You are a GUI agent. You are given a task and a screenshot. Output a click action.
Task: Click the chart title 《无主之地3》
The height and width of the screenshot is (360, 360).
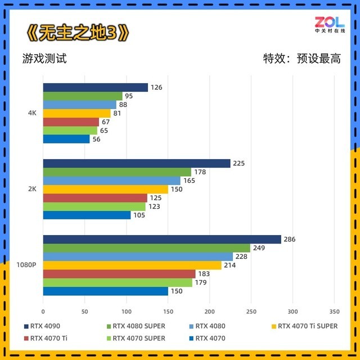click(x=77, y=33)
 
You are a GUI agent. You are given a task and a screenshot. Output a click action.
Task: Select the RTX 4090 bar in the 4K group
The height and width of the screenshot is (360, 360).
click(x=95, y=87)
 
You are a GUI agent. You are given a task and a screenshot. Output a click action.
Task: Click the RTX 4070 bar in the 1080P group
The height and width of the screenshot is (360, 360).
click(x=105, y=291)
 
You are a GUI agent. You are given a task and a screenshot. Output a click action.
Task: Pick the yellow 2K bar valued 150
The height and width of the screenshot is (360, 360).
click(x=105, y=190)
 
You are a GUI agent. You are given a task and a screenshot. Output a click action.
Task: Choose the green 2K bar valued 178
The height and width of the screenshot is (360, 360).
click(x=117, y=172)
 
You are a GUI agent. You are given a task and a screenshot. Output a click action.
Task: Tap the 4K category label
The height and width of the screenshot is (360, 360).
click(x=32, y=113)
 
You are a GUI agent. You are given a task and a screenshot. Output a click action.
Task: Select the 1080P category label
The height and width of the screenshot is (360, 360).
click(x=27, y=265)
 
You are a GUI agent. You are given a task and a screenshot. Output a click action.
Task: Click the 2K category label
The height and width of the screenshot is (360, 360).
click(x=32, y=189)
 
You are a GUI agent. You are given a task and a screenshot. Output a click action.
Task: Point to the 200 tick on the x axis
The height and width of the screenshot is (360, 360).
click(x=209, y=311)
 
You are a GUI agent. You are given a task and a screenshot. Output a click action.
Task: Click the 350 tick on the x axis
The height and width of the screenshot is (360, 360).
click(x=334, y=311)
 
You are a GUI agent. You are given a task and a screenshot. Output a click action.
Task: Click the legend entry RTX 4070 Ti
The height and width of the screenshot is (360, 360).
click(x=50, y=338)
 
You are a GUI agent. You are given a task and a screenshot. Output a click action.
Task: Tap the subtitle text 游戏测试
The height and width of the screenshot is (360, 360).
click(x=44, y=58)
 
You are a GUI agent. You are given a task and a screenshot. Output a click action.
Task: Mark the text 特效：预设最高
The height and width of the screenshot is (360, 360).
click(x=302, y=58)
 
